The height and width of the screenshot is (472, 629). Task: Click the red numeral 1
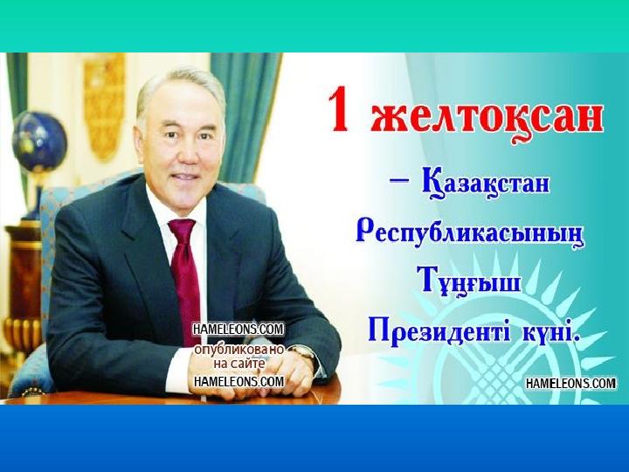click(x=339, y=109)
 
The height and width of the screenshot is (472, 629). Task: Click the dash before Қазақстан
click(x=399, y=183)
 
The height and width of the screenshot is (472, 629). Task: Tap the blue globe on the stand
click(x=39, y=142)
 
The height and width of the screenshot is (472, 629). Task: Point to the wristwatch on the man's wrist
click(x=304, y=352)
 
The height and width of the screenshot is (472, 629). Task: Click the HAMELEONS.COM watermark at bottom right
click(x=570, y=384)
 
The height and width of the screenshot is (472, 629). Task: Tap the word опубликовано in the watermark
click(x=239, y=351)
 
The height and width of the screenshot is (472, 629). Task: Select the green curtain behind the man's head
click(x=246, y=116)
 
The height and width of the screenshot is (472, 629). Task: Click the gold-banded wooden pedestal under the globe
click(x=24, y=281)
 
